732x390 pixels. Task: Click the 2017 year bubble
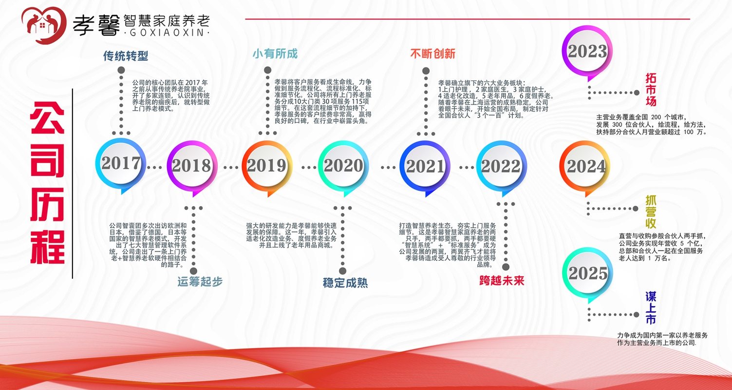[x=120, y=164]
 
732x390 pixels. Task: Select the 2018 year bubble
[x=191, y=166]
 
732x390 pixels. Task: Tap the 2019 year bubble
[x=266, y=166]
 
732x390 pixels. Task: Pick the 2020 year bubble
[x=343, y=166]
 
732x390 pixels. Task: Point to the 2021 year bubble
[x=425, y=166]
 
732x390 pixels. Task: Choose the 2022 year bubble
[x=501, y=166]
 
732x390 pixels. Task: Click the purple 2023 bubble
[x=586, y=52]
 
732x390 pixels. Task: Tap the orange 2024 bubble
[x=585, y=167]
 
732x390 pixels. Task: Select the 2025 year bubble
[x=587, y=273]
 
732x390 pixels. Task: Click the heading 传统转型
[x=125, y=56]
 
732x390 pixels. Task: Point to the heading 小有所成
[x=275, y=54]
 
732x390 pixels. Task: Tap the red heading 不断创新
[x=432, y=54]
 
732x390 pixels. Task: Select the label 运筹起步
[x=200, y=282]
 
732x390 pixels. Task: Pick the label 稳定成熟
[x=345, y=283]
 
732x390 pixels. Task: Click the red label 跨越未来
[x=502, y=281]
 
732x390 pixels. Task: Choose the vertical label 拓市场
[x=651, y=90]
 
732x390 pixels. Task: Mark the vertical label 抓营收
[x=651, y=212]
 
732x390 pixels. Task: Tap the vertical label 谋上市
[x=651, y=308]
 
